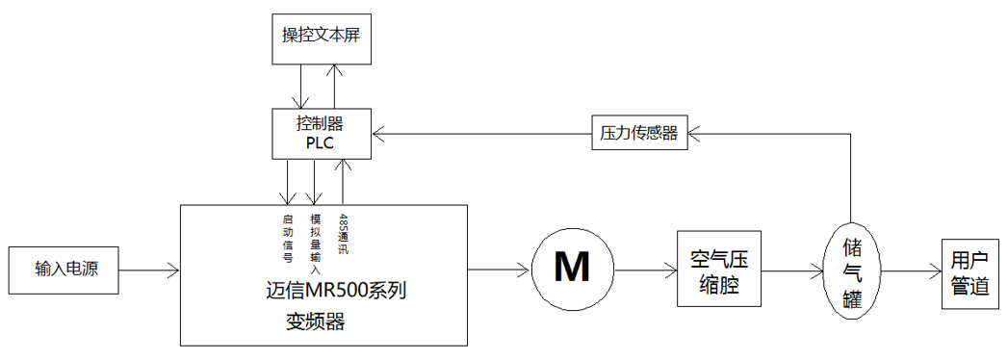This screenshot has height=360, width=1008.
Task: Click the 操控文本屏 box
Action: [x=316, y=38]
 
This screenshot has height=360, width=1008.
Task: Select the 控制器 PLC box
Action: [x=320, y=133]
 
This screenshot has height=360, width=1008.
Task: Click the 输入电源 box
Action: [x=65, y=270]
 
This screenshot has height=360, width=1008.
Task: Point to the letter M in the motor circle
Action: [x=573, y=267]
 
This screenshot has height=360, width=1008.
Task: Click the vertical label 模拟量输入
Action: [x=315, y=238]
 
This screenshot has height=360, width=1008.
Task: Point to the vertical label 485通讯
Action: [x=342, y=233]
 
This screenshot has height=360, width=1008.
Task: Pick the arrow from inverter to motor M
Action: [x=499, y=270]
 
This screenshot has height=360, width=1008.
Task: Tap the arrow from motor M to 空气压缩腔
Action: [x=646, y=270]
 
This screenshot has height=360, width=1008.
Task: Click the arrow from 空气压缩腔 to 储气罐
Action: [x=798, y=270]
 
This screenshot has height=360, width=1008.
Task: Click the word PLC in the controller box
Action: [x=320, y=142]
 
